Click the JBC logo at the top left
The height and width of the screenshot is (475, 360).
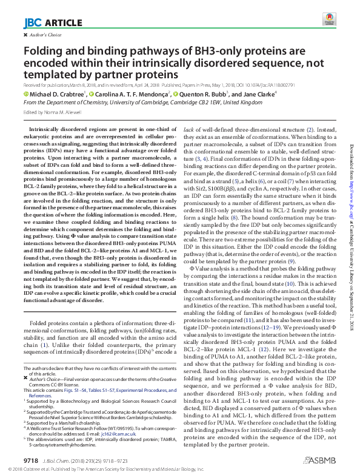coord(32,23)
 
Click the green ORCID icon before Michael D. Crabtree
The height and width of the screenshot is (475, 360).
coord(26,95)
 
